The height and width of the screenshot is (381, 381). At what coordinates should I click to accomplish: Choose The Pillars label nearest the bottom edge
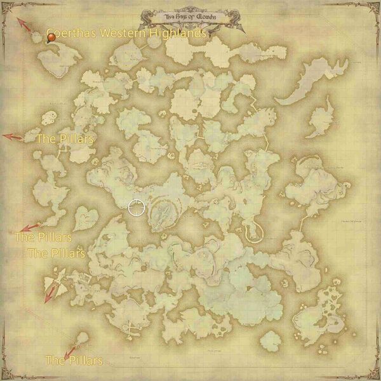tap(74, 361)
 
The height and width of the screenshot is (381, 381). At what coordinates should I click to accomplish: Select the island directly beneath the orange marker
tap(58, 60)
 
